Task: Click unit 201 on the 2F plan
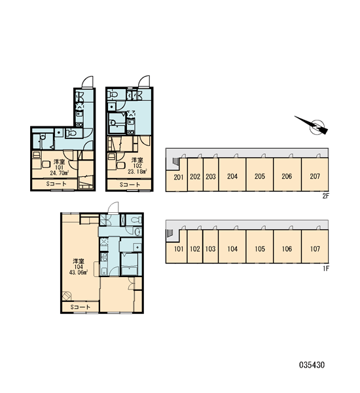179,178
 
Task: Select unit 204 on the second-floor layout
232,176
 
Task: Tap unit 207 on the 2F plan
315,176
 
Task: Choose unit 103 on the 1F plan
211,249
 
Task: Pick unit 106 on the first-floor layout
287,249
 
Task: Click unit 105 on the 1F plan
260,249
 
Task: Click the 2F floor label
325,196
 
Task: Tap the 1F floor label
326,269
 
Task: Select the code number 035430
312,365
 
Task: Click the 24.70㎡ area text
59,173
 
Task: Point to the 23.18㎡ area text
137,172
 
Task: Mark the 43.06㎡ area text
79,272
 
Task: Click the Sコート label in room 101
56,184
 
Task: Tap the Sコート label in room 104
80,307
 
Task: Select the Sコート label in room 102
130,185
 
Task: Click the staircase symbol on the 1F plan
170,233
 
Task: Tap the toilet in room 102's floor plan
113,94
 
